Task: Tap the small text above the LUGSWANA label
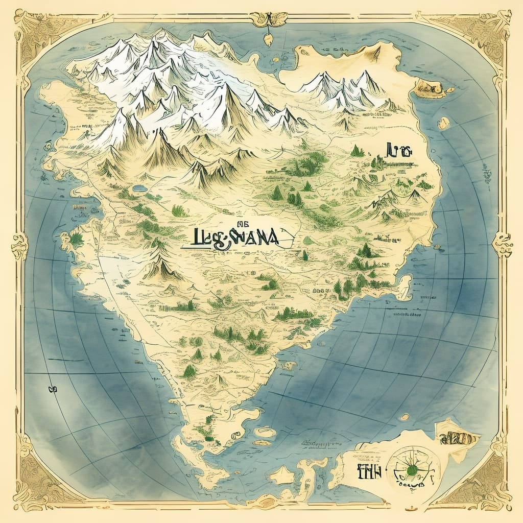[x=199, y=223]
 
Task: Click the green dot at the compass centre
[x=410, y=468]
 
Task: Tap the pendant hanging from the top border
[x=267, y=40]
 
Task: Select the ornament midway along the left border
[x=19, y=245]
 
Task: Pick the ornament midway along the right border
[x=503, y=244]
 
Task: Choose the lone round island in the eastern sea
[x=443, y=123]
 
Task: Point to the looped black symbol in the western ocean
[x=52, y=390]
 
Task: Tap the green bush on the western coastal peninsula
[x=77, y=239]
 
